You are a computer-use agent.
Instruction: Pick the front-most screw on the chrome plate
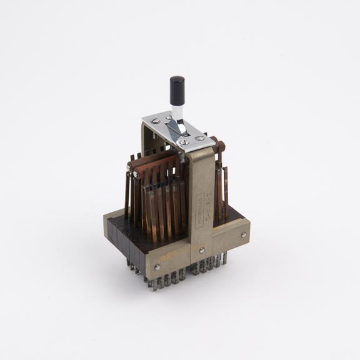[183, 142]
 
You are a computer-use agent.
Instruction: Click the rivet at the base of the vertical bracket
[202, 251]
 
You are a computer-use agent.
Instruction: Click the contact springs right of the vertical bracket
[221, 191]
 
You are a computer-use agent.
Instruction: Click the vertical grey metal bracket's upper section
[199, 181]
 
